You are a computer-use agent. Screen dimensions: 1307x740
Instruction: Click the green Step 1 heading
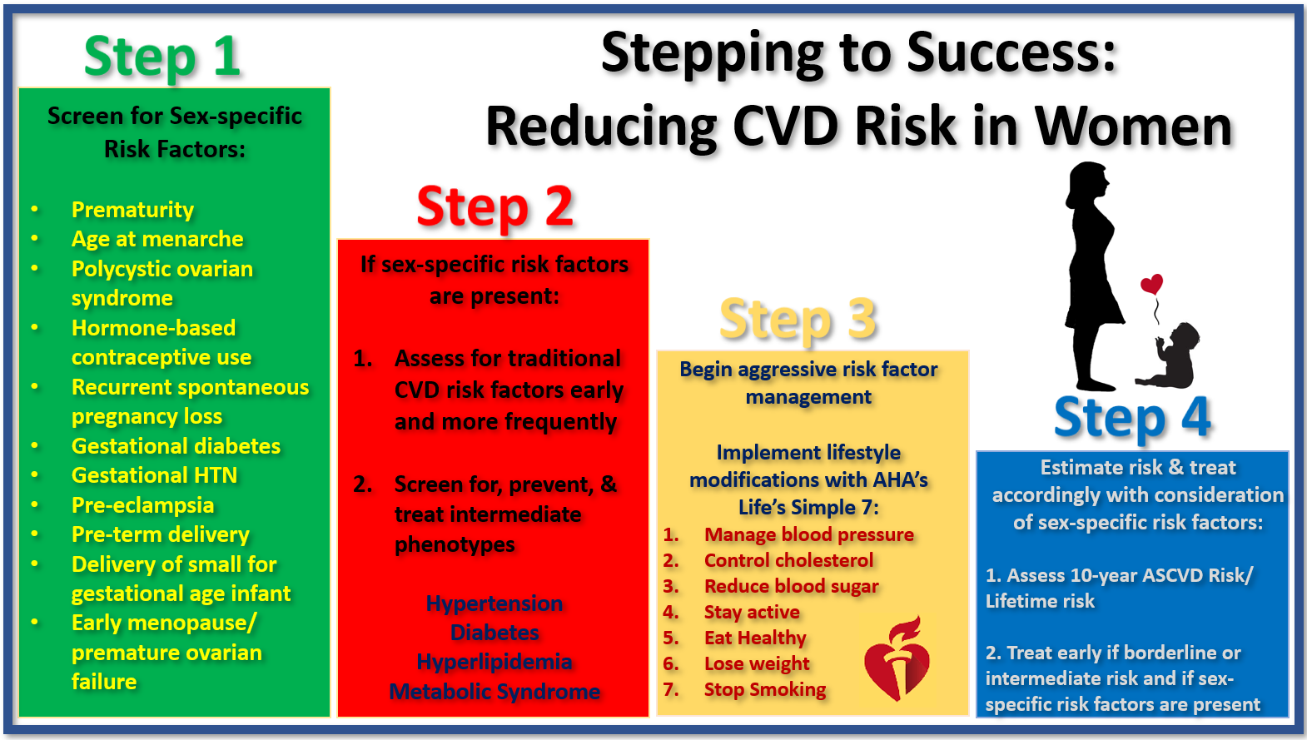click(x=162, y=57)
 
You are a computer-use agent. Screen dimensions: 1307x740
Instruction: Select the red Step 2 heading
click(x=495, y=206)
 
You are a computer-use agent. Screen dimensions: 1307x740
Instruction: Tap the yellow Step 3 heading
click(x=798, y=319)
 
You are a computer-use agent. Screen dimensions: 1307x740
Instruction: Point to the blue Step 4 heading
click(x=1132, y=417)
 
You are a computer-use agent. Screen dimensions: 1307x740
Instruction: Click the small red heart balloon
click(x=1152, y=284)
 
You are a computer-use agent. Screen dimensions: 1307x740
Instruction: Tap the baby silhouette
click(x=1169, y=355)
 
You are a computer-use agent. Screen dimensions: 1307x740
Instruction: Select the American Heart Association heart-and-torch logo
click(x=897, y=658)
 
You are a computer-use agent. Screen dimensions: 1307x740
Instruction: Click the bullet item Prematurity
click(x=132, y=210)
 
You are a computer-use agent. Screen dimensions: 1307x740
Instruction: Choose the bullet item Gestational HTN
click(x=154, y=475)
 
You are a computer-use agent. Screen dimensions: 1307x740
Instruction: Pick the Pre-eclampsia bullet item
click(x=142, y=504)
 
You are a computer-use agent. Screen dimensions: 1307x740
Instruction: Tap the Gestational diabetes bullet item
click(x=176, y=446)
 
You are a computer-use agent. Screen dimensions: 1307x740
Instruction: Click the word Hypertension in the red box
click(x=494, y=603)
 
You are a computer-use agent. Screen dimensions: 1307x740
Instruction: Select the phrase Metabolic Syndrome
click(x=494, y=692)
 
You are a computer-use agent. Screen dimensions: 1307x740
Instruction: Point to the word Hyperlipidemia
click(x=494, y=663)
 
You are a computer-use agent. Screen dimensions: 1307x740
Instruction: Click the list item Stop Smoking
click(x=765, y=689)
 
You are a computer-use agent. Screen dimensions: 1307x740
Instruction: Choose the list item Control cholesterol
click(x=789, y=560)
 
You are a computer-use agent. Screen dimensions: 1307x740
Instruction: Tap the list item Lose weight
click(x=757, y=663)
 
